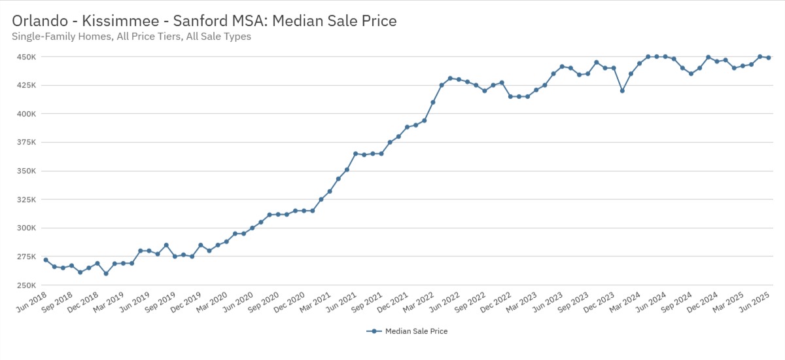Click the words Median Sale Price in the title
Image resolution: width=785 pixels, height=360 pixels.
tap(334, 21)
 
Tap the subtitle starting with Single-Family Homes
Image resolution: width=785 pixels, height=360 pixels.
tap(131, 37)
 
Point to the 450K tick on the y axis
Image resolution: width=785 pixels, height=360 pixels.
tap(27, 57)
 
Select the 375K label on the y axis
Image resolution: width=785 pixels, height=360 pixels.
tap(27, 143)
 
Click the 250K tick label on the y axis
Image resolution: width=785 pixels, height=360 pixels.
tap(27, 286)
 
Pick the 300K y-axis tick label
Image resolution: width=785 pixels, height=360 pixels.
tap(27, 228)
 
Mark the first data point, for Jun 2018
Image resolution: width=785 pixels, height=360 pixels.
tap(46, 260)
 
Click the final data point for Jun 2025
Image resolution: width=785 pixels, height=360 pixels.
tap(769, 58)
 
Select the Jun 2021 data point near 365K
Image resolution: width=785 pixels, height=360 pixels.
tap(355, 154)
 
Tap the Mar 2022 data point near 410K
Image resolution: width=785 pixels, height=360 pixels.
tap(433, 102)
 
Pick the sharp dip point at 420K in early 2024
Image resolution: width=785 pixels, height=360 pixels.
tap(622, 91)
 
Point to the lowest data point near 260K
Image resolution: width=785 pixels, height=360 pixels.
tap(106, 274)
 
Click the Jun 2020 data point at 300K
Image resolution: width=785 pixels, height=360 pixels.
tap(253, 228)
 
